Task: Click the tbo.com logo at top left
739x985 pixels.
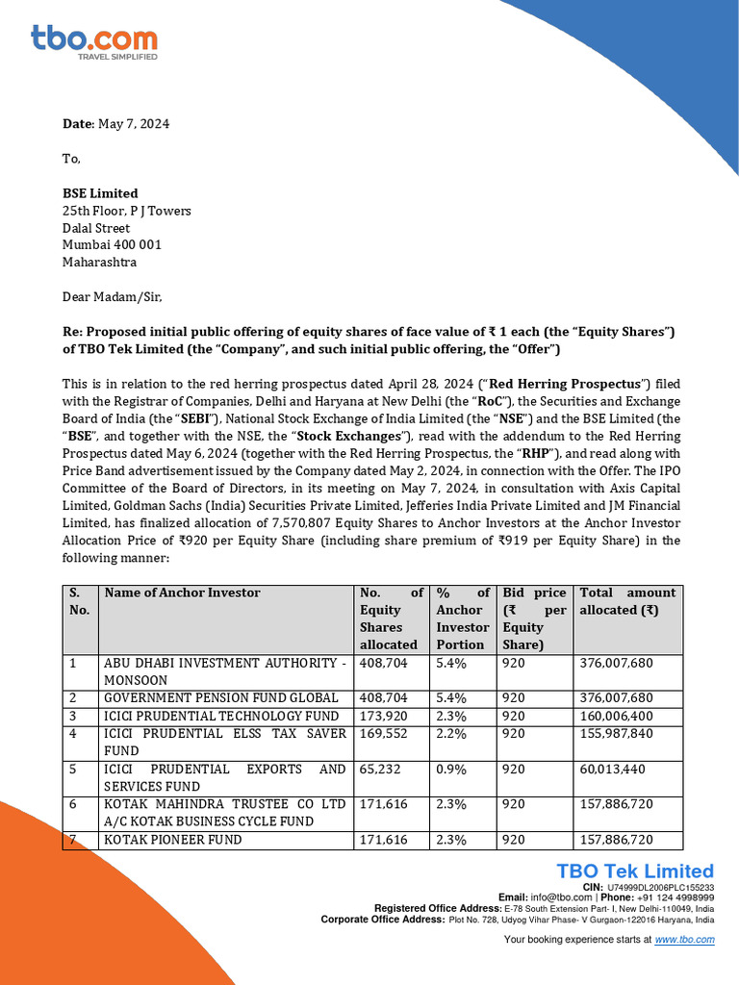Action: [93, 42]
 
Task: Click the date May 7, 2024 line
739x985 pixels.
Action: [115, 124]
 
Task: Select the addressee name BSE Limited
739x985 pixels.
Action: [100, 193]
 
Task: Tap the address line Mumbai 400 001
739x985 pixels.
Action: [112, 244]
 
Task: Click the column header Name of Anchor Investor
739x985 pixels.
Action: [183, 593]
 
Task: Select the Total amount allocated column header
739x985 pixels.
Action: [626, 601]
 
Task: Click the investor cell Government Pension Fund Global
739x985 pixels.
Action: [221, 697]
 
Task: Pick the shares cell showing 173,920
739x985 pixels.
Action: [383, 716]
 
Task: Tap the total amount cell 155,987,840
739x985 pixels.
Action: [617, 734]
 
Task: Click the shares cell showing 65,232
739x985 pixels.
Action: [379, 770]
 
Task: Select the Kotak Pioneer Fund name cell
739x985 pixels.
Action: [173, 840]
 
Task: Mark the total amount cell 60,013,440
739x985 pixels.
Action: [613, 770]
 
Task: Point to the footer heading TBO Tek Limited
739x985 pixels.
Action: [635, 871]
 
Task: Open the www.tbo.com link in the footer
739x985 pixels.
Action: [684, 940]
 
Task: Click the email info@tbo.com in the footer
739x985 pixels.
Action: [552, 897]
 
